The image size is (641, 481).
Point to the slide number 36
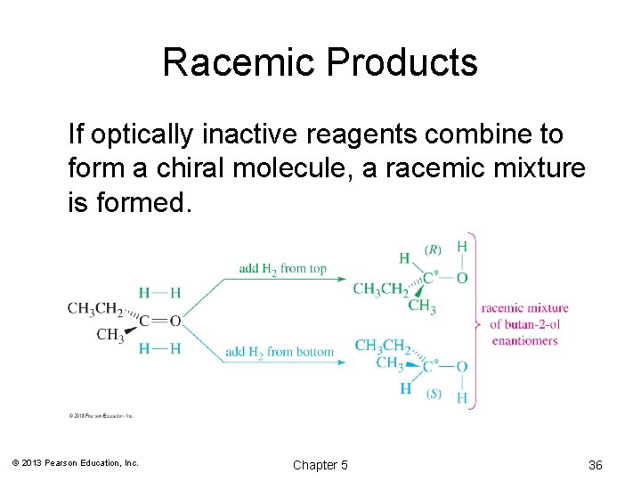click(596, 465)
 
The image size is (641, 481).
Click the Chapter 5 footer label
click(320, 465)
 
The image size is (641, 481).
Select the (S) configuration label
click(434, 393)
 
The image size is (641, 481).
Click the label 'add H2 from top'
click(282, 269)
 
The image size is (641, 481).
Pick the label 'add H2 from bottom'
click(280, 352)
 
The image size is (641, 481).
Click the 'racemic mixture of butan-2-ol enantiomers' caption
click(524, 324)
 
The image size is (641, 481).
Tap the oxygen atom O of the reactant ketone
click(174, 321)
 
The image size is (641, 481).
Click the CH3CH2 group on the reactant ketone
click(94, 309)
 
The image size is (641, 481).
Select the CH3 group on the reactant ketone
click(110, 335)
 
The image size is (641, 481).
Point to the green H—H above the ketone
click(159, 292)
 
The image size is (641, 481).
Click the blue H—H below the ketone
click(159, 348)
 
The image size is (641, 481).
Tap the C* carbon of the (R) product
click(429, 278)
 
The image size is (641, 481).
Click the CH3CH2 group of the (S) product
click(382, 346)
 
